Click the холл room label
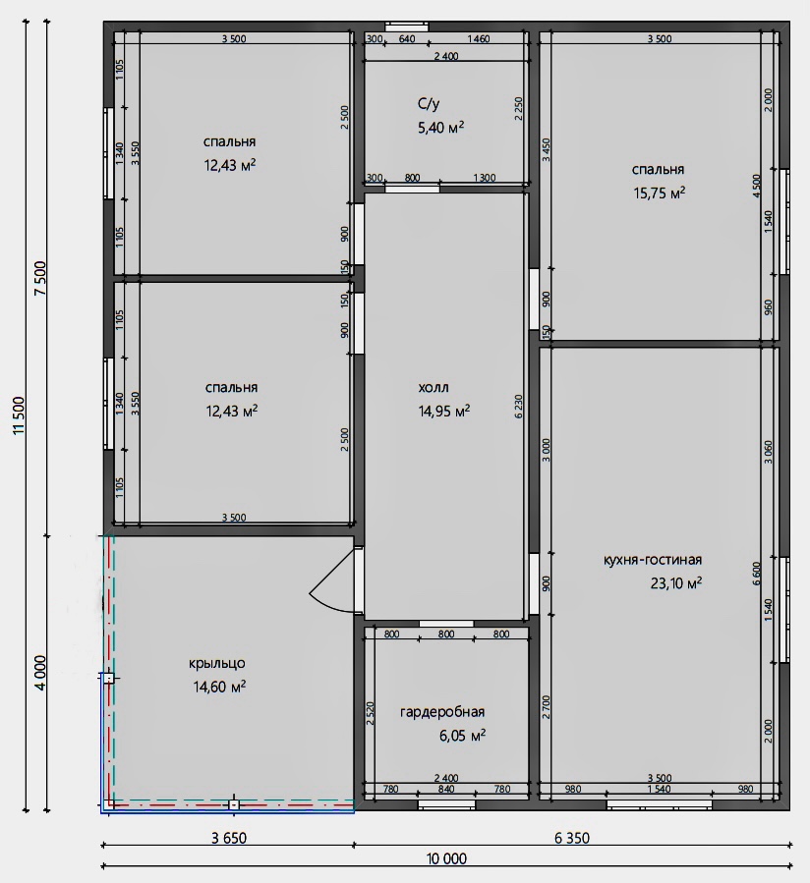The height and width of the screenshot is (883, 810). (x=434, y=387)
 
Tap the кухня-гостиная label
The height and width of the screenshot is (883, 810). (x=652, y=560)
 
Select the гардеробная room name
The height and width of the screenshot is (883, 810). (x=442, y=712)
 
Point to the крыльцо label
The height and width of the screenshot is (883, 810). (x=217, y=663)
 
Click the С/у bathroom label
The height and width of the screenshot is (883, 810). (x=429, y=103)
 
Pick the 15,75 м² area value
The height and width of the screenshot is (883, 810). (x=659, y=193)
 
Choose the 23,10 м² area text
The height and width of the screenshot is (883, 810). (x=676, y=582)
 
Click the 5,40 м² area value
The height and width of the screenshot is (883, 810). (x=440, y=128)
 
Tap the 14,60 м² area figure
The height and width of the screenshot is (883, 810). (x=219, y=687)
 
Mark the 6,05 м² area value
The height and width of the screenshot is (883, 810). (x=462, y=736)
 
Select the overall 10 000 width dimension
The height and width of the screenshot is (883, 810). (x=446, y=858)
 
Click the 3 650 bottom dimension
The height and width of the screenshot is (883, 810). (x=229, y=839)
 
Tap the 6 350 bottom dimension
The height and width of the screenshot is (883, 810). (x=571, y=839)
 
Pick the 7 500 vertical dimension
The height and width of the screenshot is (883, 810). (x=40, y=278)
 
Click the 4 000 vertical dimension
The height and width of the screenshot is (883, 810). (x=40, y=673)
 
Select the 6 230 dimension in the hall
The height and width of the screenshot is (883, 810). (x=519, y=406)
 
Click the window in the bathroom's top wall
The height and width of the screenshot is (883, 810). (x=406, y=27)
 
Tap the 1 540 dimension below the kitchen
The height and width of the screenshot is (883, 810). (x=659, y=789)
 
